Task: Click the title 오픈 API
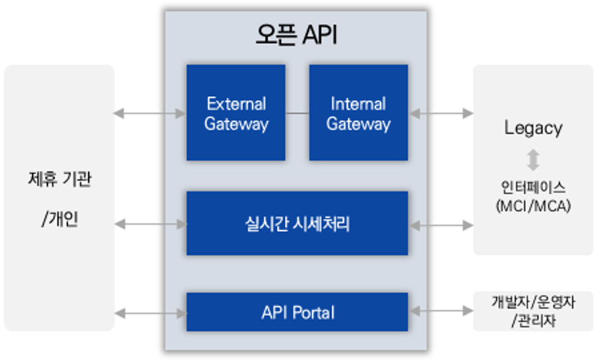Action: click(297, 35)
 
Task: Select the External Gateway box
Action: click(236, 113)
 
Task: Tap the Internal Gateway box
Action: click(358, 113)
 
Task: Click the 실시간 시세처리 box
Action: click(297, 223)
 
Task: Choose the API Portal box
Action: click(297, 312)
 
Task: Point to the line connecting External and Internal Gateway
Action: click(297, 113)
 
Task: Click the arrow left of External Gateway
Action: click(150, 113)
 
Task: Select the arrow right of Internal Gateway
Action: click(441, 113)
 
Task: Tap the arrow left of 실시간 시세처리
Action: click(150, 225)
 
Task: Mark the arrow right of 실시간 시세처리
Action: click(441, 225)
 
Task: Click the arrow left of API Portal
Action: click(150, 312)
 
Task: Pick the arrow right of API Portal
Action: click(441, 311)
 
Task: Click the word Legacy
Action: click(533, 128)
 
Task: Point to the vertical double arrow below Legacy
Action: click(533, 160)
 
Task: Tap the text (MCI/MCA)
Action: click(533, 206)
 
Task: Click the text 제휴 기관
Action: click(59, 179)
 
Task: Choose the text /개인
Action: click(59, 219)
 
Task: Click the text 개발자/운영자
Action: click(533, 302)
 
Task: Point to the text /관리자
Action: click(533, 321)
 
